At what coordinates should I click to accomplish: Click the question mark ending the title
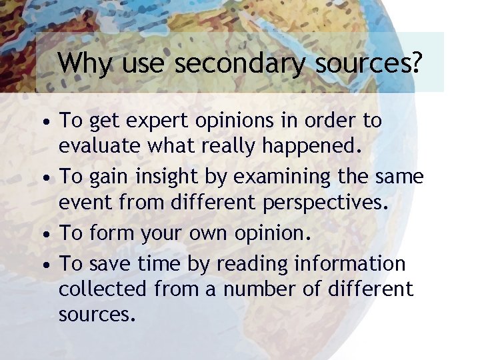[417, 64]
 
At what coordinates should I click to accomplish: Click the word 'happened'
[314, 145]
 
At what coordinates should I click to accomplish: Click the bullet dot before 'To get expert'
[44, 123]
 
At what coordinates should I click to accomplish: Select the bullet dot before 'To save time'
[44, 265]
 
